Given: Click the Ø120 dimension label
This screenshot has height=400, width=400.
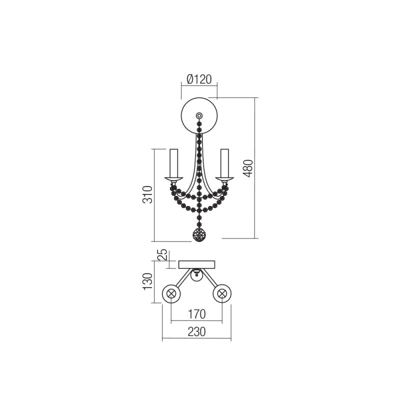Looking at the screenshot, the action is (199, 79).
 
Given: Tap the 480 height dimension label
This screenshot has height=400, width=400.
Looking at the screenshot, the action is (247, 168).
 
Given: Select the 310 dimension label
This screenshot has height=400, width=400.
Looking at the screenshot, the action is (147, 194).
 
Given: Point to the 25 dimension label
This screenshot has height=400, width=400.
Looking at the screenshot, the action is (163, 254).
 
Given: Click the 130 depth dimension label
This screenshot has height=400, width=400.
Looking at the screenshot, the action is (147, 281).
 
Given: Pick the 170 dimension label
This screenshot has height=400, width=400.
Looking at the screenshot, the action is (196, 314).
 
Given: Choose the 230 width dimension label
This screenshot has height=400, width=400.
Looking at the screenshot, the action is (196, 332).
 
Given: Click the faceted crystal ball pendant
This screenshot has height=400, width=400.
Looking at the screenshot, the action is (199, 234).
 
